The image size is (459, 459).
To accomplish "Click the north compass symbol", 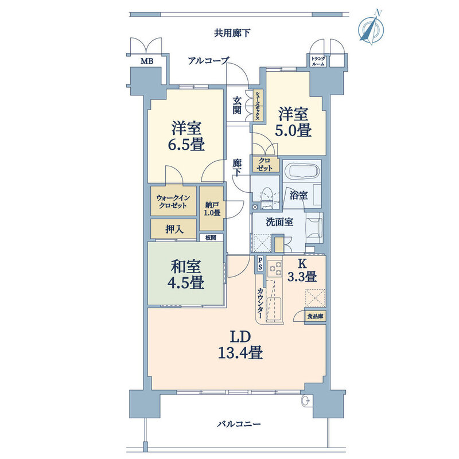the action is point(371,27).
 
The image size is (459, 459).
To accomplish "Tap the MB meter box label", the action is point(147,61).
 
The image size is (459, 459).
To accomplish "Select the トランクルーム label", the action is point(318,61).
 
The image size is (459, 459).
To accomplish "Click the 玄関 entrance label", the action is point(237,106).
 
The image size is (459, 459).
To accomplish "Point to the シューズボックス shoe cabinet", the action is point(258,106).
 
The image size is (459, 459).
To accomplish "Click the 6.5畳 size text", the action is point(186,144).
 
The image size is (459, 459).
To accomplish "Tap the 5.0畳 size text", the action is point(293,130).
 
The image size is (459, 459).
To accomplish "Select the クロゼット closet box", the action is point(264,164).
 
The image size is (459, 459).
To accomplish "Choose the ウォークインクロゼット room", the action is point(173,202).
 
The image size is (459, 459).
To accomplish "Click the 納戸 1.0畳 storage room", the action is point(212,209).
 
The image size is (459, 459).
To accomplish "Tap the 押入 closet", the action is point(173,229).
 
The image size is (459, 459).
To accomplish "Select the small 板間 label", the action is point(211,238).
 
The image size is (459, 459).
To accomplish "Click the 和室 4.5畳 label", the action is point(186,274).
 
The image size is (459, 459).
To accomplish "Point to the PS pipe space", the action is point(260,264).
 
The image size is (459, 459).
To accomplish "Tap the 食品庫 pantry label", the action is point(315,316).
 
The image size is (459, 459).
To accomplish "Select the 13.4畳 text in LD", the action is point(240,352).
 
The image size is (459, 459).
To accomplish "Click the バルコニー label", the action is point(239,424).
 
